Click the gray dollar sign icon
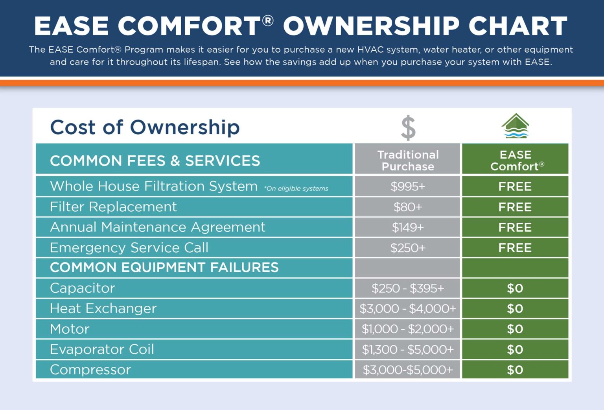pos(408,128)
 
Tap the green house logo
pos(515,126)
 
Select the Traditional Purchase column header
pos(408,160)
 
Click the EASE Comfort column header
pos(516,160)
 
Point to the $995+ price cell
pos(408,186)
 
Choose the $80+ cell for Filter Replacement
pos(408,207)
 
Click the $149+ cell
pos(408,227)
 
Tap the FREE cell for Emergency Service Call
pos(515,248)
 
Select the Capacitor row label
pos(83,288)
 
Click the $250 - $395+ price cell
pos(408,288)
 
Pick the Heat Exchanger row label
pos(103,308)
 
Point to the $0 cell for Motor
pos(515,329)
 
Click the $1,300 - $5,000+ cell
pos(408,349)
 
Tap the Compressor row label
pos(90,370)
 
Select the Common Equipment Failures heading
pos(164,268)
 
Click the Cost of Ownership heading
pos(145,127)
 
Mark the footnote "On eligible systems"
pos(296,188)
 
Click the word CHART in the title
pos(517,26)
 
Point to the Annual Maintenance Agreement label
pos(158,227)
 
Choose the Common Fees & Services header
pos(155,161)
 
